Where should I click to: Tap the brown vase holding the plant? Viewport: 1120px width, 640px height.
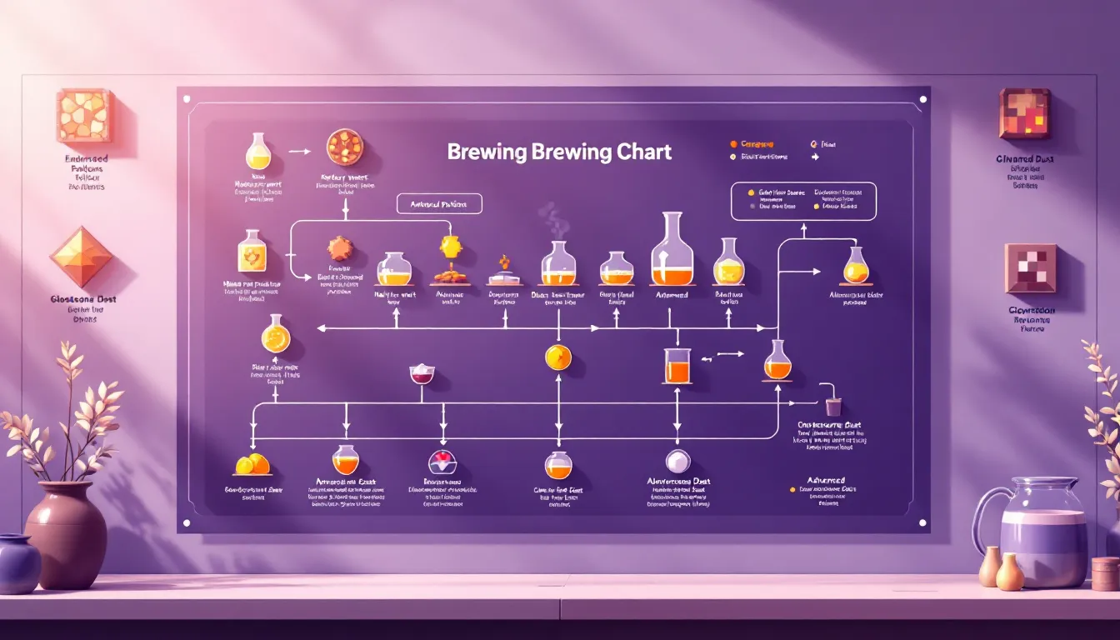(66, 534)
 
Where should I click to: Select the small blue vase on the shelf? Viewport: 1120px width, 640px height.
(18, 563)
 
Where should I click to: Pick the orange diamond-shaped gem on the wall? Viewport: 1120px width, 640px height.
(81, 257)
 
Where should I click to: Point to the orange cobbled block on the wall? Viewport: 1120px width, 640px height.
(83, 115)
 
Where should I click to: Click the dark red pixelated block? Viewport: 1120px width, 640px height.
(1024, 113)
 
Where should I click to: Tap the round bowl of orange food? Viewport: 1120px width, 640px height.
(344, 147)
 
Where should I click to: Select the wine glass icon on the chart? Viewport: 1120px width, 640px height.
(422, 374)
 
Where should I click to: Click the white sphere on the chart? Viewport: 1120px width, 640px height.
(677, 461)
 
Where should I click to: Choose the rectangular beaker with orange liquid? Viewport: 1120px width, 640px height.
(677, 366)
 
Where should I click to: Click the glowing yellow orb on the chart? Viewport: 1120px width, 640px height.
(558, 357)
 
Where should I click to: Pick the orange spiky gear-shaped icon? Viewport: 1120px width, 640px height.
(339, 248)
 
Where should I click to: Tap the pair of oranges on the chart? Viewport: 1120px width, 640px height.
(252, 463)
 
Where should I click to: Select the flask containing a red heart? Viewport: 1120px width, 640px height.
(442, 462)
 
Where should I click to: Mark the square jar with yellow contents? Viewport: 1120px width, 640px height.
(252, 252)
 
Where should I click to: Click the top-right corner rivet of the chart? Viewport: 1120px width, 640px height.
(922, 99)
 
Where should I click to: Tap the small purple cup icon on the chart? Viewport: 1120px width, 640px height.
(832, 407)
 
